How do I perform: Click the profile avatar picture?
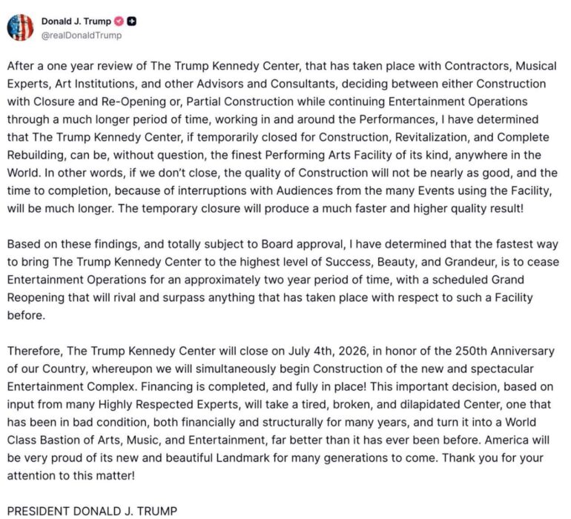(x=19, y=27)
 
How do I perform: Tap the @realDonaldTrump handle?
(x=81, y=35)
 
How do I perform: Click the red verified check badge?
(x=118, y=21)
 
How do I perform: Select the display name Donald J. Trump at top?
(x=75, y=21)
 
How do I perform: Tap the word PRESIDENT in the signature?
(x=39, y=511)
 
